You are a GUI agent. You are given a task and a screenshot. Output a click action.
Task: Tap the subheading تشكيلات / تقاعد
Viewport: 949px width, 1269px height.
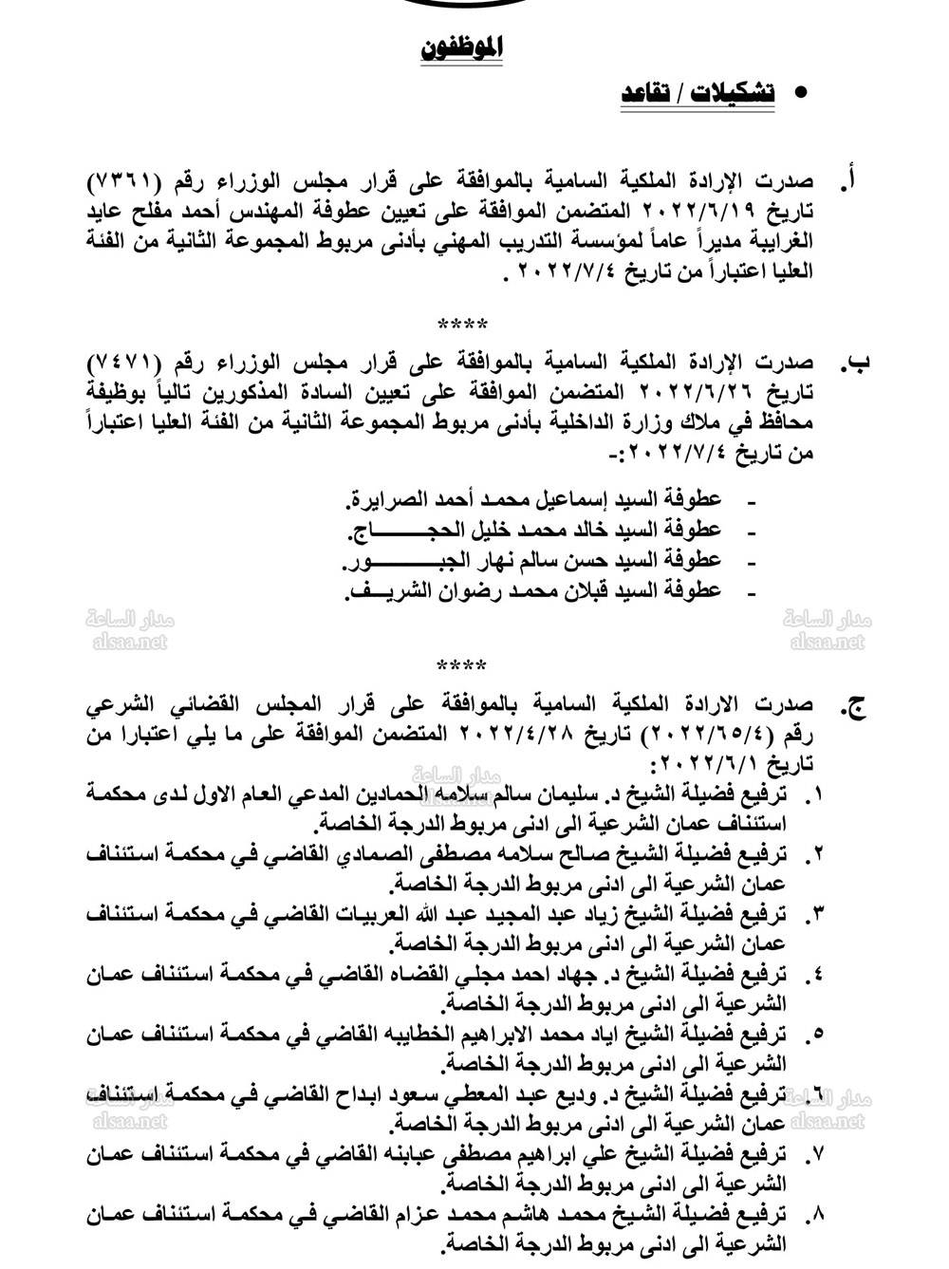click(x=698, y=93)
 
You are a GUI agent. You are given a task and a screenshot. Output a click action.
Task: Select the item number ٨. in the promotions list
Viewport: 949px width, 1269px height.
click(x=814, y=1214)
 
